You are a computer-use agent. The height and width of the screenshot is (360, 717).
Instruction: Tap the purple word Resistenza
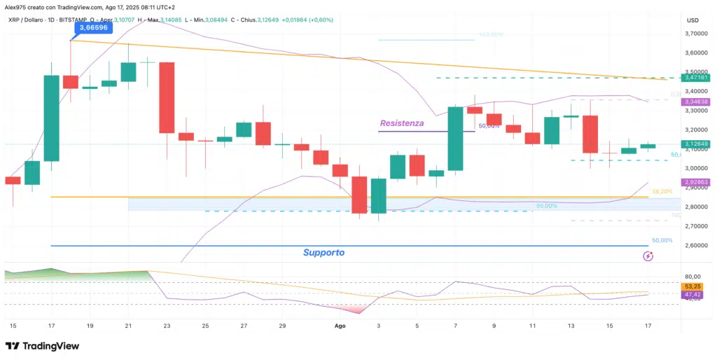401,123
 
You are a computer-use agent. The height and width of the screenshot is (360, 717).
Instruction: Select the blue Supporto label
323,252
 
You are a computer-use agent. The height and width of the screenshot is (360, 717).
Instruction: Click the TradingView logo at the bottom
42,346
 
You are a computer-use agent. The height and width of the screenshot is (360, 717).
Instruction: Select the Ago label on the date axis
340,326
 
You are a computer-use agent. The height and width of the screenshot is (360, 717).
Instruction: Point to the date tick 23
167,326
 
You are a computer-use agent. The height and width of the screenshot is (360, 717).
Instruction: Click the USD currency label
693,20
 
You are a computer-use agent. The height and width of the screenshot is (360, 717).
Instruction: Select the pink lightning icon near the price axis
648,256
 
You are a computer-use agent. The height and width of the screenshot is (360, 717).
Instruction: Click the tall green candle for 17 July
51,118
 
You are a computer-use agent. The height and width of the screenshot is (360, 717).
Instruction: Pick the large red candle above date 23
167,97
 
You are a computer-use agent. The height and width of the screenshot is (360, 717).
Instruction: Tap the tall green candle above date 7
456,138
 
